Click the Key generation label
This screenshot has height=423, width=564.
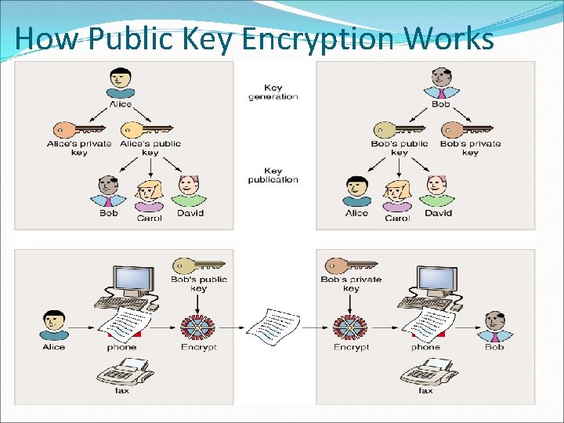[273, 92]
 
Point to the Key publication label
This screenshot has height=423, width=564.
[273, 175]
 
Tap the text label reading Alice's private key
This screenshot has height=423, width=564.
[79, 148]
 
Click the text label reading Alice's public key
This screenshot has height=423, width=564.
[150, 148]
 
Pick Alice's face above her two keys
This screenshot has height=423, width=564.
[121, 78]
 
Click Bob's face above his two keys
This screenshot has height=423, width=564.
[441, 78]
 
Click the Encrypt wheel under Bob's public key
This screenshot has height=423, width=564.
[198, 325]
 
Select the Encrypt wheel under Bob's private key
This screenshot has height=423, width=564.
[351, 325]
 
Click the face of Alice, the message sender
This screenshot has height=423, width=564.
[53, 322]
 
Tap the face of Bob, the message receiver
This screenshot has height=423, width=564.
[493, 322]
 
